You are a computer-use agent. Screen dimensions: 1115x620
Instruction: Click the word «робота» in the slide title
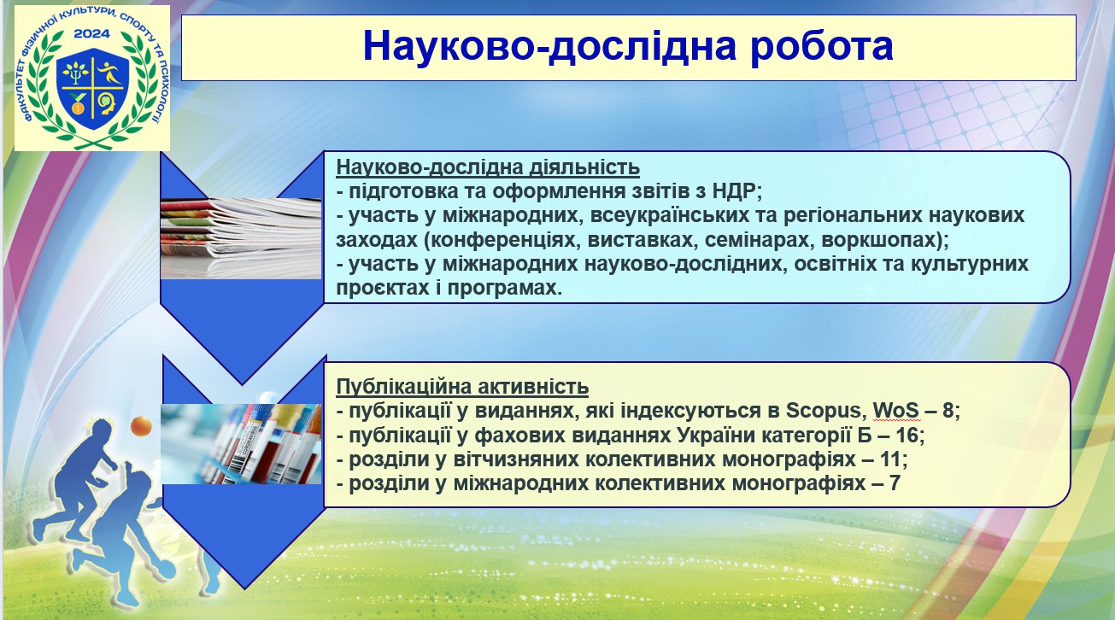(x=822, y=46)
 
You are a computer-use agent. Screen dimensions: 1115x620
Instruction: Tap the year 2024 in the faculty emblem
(x=91, y=34)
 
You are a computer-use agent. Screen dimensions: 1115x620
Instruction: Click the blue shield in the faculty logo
(x=92, y=88)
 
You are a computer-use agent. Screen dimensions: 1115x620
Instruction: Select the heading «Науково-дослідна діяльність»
(x=488, y=167)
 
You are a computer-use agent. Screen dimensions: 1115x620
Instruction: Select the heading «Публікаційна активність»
(x=462, y=387)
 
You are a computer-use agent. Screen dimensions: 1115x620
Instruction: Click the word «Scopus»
(x=824, y=411)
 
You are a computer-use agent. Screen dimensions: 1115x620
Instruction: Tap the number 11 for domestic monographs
(x=891, y=459)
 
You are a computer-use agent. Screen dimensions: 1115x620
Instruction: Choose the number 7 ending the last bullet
(x=895, y=483)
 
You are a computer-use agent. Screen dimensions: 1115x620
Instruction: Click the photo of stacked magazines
(x=241, y=238)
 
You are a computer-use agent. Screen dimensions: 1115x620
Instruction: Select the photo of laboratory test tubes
(x=241, y=444)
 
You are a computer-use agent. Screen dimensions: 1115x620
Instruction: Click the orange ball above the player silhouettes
(x=141, y=425)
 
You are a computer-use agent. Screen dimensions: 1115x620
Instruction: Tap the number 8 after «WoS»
(x=948, y=411)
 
